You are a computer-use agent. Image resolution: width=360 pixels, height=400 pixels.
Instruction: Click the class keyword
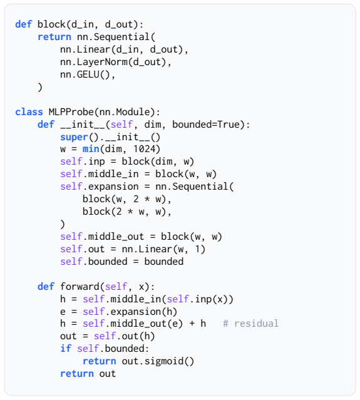(29, 112)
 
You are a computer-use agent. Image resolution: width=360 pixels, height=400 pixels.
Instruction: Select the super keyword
(74, 137)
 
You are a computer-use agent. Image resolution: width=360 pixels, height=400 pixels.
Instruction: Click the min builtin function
(91, 149)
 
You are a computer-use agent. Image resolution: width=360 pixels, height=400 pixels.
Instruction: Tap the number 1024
(144, 149)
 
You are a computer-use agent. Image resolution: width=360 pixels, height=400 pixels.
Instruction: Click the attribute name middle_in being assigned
(113, 174)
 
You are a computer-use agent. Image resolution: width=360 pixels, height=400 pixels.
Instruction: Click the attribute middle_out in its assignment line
(116, 237)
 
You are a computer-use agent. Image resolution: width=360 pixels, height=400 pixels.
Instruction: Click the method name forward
(80, 287)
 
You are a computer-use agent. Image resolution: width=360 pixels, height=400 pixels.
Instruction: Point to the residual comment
(250, 324)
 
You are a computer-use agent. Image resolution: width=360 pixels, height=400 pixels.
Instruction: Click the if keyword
(66, 349)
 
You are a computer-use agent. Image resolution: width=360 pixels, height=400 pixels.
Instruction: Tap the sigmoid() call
(169, 361)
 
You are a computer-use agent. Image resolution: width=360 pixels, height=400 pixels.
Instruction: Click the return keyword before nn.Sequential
(54, 37)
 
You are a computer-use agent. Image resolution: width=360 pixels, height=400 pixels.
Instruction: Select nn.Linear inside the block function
(85, 49)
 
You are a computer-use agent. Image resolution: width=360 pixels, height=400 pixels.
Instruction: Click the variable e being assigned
(63, 312)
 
